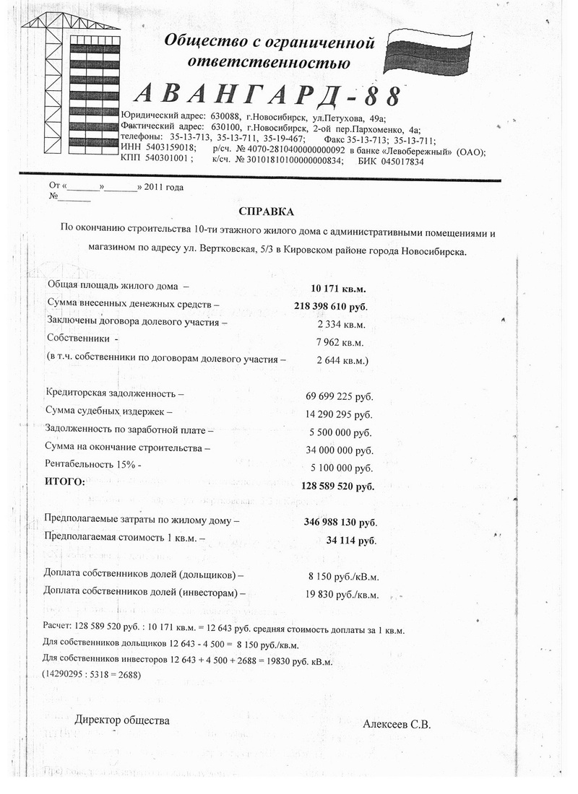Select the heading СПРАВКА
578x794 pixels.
tap(267, 211)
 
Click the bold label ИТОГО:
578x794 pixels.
tap(65, 481)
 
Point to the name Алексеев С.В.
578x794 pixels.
tap(397, 725)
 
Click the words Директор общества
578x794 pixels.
tap(122, 720)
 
